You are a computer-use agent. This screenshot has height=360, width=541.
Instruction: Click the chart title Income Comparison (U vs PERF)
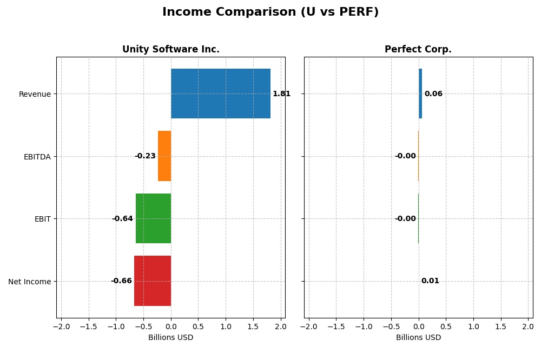point(270,12)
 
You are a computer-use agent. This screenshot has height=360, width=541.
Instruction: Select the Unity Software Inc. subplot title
point(170,49)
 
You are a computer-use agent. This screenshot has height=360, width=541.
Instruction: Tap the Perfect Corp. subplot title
point(418,49)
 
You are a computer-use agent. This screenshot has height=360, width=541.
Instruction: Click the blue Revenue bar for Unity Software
point(221,94)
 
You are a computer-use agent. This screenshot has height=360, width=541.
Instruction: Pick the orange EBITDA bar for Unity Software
point(164,156)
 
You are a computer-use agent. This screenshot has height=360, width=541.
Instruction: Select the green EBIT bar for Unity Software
point(153,218)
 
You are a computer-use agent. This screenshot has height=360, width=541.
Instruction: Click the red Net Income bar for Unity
point(153,281)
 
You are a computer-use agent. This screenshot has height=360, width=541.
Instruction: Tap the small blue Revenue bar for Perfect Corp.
point(420,94)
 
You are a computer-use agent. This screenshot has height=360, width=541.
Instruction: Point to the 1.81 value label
point(281,94)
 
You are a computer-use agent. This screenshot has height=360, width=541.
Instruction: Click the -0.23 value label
point(145,156)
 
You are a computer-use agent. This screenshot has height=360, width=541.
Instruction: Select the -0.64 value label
point(122,218)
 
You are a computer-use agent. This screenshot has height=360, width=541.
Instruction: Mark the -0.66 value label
point(121,281)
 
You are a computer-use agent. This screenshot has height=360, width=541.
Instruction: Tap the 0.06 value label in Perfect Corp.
point(433,94)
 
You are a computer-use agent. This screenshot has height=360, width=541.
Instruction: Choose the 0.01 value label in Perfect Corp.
point(430,281)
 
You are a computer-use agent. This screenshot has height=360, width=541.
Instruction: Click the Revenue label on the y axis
point(35,94)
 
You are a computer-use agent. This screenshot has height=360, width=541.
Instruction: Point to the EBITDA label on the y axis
point(37,157)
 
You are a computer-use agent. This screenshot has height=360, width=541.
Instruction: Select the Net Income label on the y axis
point(29,282)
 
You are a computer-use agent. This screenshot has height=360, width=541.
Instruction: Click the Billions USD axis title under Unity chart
point(170,337)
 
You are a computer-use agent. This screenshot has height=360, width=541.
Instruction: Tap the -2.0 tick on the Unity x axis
point(61,326)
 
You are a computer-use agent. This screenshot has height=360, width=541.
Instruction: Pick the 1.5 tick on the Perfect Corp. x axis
point(501,326)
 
